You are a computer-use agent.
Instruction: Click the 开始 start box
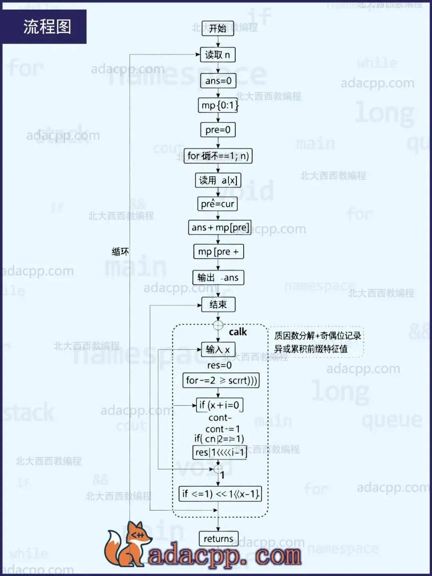click(x=218, y=28)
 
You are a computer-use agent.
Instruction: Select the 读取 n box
click(x=218, y=55)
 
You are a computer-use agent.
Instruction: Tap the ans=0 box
click(x=218, y=81)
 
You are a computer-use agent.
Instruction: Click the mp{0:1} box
click(x=218, y=105)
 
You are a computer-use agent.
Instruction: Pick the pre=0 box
click(x=218, y=130)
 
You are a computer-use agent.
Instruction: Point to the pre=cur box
click(x=218, y=204)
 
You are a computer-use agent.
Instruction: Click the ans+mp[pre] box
click(x=220, y=228)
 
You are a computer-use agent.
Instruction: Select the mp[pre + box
click(x=218, y=252)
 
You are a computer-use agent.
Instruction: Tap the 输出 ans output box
click(x=218, y=278)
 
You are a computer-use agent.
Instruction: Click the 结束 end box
click(x=218, y=304)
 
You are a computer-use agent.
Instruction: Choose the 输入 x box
click(x=218, y=349)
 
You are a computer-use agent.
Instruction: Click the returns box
click(x=218, y=539)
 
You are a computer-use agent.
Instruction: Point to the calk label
click(x=238, y=332)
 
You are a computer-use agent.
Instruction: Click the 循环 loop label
click(x=120, y=252)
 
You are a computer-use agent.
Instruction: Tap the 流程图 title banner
click(x=47, y=27)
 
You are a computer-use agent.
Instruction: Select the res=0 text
click(x=219, y=365)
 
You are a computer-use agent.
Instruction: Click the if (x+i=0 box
click(x=220, y=405)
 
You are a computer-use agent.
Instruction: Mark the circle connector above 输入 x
click(x=218, y=325)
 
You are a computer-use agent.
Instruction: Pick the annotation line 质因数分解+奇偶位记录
click(x=318, y=336)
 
